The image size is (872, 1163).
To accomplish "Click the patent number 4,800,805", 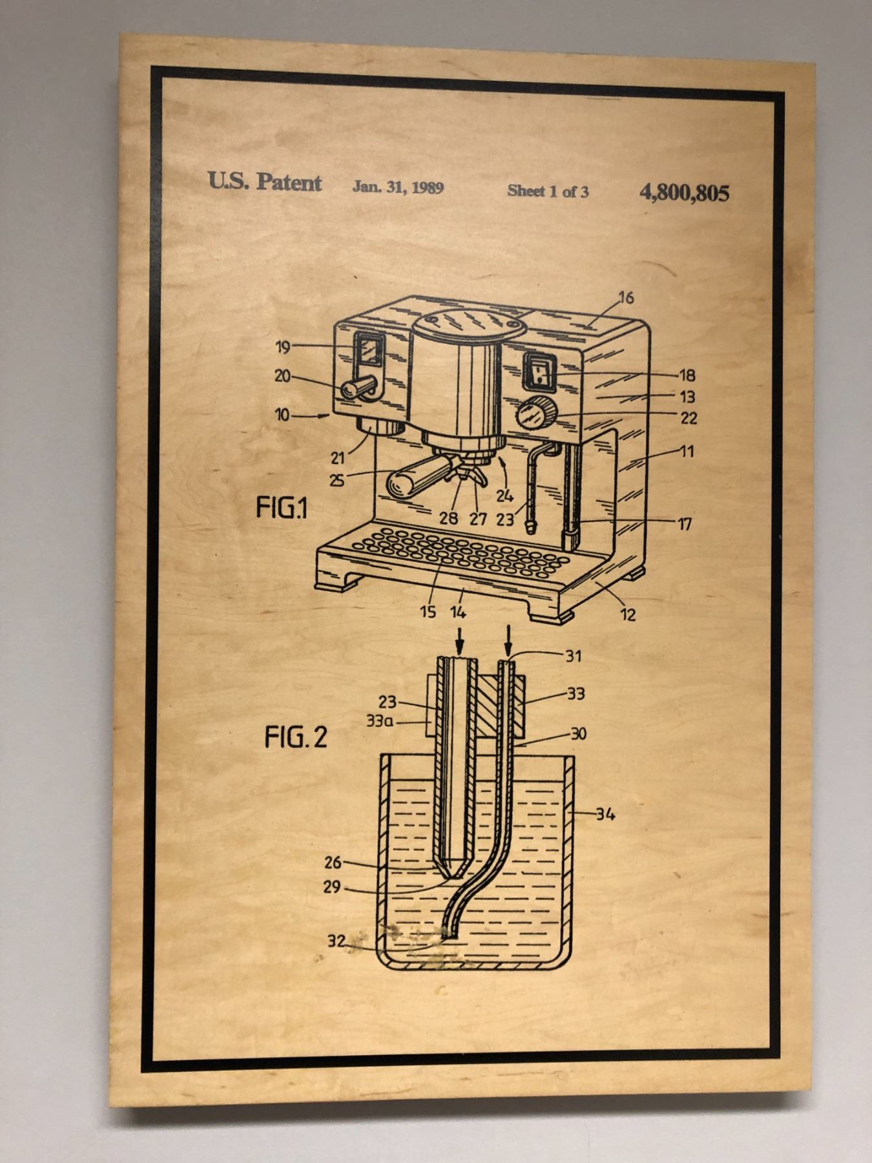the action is click(x=684, y=193).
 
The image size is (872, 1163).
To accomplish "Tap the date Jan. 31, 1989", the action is click(x=398, y=187).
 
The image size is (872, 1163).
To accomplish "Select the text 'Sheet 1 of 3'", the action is click(x=548, y=191).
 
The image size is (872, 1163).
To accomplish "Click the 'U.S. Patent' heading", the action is click(x=264, y=182).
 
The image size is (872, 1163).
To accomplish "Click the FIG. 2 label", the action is click(x=296, y=737).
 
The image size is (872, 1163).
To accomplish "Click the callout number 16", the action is click(x=626, y=298).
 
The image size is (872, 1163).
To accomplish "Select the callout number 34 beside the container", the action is click(x=605, y=814).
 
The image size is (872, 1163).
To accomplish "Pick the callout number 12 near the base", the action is click(x=628, y=614).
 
